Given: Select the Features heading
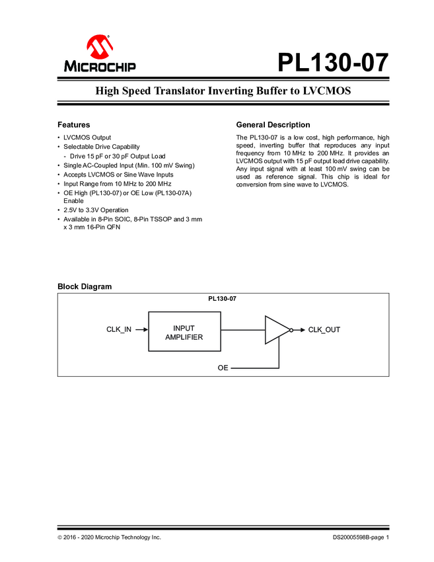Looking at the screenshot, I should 73,125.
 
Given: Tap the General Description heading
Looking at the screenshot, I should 273,125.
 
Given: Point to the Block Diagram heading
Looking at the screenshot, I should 85,286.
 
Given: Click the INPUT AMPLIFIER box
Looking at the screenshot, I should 184,333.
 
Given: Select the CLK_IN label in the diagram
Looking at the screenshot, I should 119,329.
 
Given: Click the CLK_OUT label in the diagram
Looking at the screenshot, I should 324,329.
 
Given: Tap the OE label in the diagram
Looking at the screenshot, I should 223,366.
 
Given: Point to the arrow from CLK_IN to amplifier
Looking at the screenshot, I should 141,329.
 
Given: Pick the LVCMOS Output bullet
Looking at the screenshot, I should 87,138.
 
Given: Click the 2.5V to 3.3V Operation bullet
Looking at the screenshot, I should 96,210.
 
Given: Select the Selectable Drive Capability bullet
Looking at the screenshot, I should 102,147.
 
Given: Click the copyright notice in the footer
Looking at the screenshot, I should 109,538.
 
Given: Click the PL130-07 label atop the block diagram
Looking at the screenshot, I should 222,299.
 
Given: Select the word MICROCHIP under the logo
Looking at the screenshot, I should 100,66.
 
